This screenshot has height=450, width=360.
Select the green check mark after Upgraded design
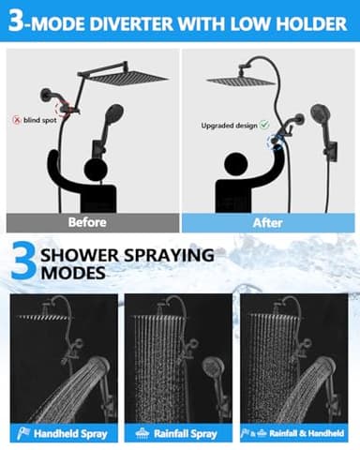264,124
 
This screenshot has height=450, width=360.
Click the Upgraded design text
228,124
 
